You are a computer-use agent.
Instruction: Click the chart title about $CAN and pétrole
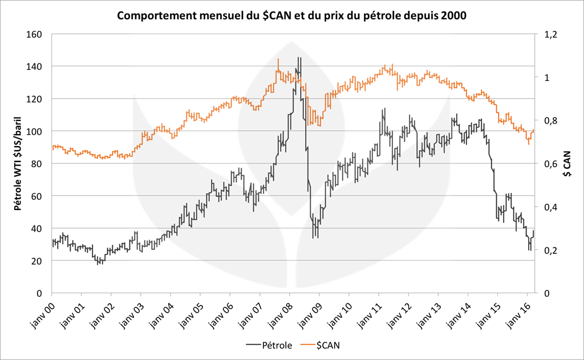point(291,16)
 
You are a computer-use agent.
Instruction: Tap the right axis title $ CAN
point(566,164)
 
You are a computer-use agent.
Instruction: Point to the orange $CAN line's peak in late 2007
point(278,59)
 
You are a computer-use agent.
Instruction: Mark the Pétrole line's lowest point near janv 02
point(100,264)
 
